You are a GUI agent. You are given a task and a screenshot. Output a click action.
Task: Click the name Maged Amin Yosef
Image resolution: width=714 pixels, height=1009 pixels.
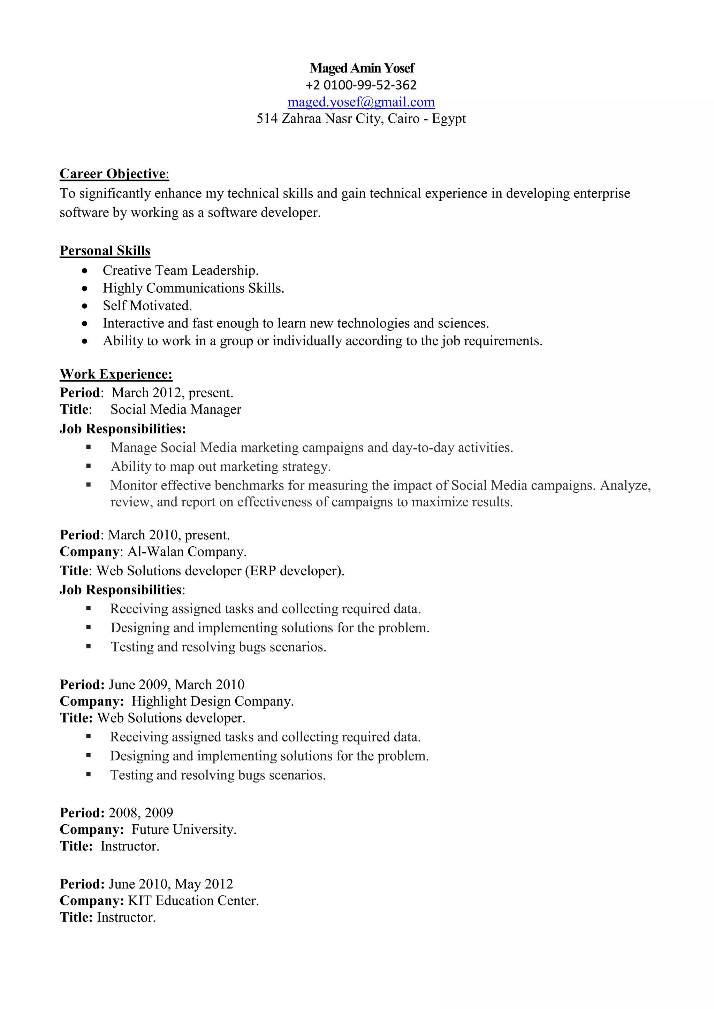362,68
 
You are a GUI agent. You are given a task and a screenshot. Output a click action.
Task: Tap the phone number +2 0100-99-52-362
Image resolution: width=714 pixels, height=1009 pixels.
361,85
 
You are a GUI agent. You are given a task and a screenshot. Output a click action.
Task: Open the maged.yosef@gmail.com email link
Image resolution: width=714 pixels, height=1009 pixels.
361,102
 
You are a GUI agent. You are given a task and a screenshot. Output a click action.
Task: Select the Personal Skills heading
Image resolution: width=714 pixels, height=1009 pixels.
105,251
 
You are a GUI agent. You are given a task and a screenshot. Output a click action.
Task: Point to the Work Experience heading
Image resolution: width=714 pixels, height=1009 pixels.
116,374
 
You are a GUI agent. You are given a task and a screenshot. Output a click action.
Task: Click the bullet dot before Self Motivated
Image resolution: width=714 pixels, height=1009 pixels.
85,306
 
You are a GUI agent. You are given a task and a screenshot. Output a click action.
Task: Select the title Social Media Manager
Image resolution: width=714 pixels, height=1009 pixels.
176,410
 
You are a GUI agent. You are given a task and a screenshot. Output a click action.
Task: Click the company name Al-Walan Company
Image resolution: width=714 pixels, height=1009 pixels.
187,552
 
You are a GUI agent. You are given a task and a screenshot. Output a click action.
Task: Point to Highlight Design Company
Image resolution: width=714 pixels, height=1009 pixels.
212,701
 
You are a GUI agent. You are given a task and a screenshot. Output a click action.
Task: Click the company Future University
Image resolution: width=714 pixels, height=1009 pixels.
184,829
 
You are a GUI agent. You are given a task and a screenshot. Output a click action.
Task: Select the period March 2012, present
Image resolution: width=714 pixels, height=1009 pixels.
172,392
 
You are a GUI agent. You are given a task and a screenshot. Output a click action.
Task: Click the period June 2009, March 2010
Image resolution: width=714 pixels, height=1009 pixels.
176,684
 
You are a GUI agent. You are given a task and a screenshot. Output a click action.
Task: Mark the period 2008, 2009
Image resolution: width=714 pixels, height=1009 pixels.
141,812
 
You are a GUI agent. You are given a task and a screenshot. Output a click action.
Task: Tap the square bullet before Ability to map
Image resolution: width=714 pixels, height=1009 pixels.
88,466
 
